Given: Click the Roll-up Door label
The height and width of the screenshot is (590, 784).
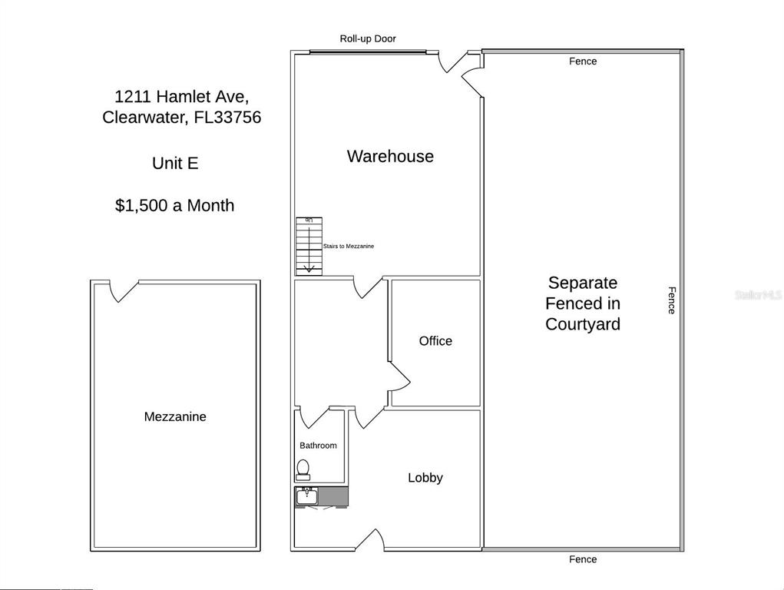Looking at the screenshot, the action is pyautogui.click(x=368, y=38).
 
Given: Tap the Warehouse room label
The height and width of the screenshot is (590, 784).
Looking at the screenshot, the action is pyautogui.click(x=390, y=156).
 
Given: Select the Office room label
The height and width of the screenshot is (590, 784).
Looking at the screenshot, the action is pyautogui.click(x=435, y=341).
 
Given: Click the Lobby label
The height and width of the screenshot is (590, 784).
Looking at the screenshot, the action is pyautogui.click(x=425, y=477).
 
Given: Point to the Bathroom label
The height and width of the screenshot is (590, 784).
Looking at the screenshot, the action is pyautogui.click(x=318, y=446).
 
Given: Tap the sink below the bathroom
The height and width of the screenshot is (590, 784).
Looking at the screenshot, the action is pyautogui.click(x=306, y=496).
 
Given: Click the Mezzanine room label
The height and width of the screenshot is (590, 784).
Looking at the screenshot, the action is pyautogui.click(x=175, y=416).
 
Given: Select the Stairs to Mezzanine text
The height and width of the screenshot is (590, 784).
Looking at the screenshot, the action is pyautogui.click(x=349, y=246).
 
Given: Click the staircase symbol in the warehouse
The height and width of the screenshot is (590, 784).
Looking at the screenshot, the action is pyautogui.click(x=309, y=246).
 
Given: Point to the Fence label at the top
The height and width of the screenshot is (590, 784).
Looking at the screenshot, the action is pyautogui.click(x=583, y=61).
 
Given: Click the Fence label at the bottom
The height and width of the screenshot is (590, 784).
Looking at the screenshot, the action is pyautogui.click(x=583, y=559).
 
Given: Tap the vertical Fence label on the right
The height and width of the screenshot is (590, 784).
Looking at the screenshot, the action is pyautogui.click(x=672, y=300).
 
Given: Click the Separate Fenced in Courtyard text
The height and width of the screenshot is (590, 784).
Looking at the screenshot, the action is pyautogui.click(x=583, y=303).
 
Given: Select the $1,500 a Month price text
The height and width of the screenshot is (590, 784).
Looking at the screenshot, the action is pyautogui.click(x=174, y=205).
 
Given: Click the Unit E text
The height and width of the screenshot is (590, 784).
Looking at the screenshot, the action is pyautogui.click(x=175, y=163).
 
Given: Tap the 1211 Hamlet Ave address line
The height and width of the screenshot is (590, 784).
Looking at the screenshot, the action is pyautogui.click(x=181, y=96).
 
